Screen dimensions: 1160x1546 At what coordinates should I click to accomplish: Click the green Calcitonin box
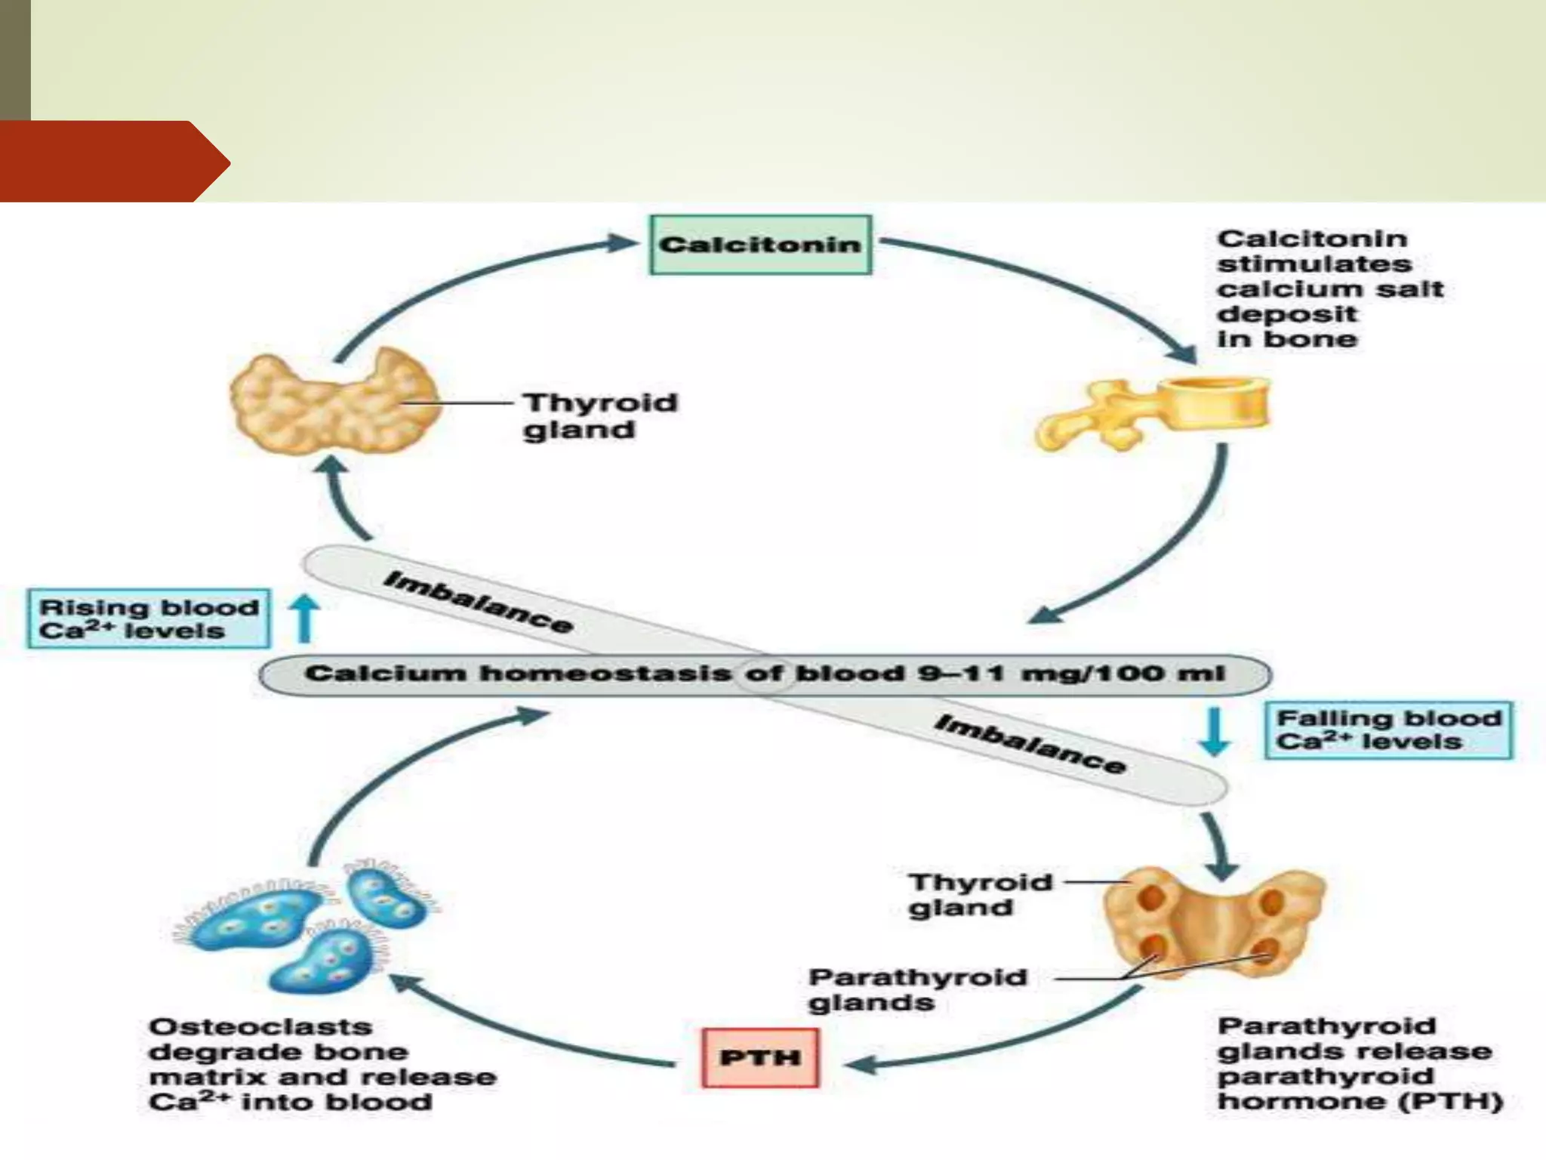point(760,245)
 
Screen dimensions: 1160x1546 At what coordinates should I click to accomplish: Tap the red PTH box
point(760,1057)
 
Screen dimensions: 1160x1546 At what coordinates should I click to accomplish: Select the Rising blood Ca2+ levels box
point(149,619)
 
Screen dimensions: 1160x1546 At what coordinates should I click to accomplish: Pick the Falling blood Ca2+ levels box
point(1388,730)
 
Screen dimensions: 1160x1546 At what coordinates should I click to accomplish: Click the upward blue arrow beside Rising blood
point(305,619)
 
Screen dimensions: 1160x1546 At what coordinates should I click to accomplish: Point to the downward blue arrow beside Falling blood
point(1215,731)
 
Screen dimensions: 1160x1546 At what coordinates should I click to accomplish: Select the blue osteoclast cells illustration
point(302,925)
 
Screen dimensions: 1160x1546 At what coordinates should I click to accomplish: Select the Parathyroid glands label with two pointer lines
point(916,989)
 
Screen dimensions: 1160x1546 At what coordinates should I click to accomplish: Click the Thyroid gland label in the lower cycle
point(979,894)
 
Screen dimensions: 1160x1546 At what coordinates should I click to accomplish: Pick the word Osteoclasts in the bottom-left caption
point(260,1027)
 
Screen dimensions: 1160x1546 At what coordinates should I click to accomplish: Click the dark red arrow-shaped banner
point(113,162)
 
